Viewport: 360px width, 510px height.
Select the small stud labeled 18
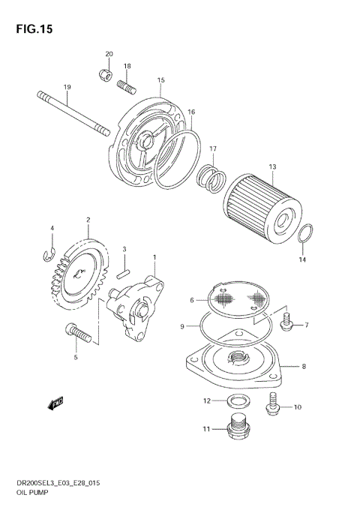(127, 87)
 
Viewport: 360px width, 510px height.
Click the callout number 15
(160, 80)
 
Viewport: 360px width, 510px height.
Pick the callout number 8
(304, 367)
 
